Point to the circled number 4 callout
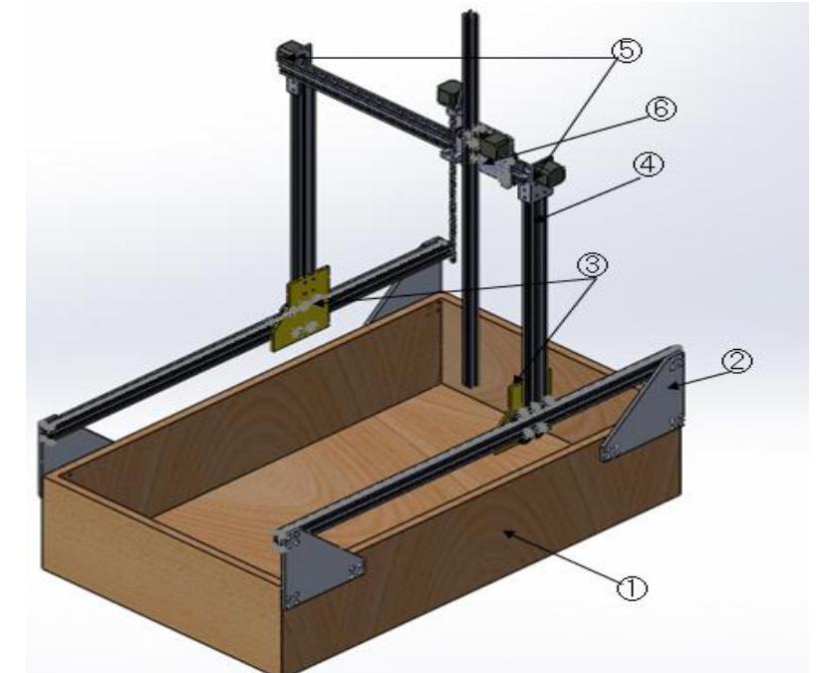[x=649, y=166]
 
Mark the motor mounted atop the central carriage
[x=449, y=97]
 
